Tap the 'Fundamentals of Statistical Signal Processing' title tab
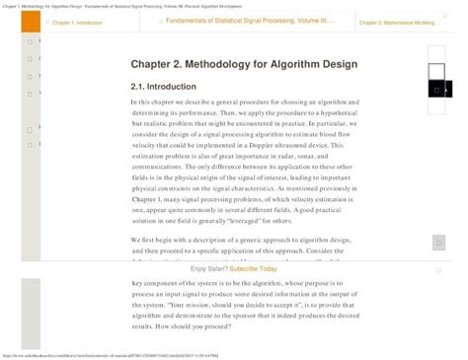click(x=236, y=21)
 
